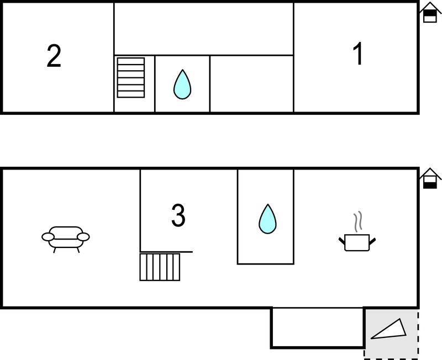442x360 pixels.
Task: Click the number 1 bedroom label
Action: point(358,54)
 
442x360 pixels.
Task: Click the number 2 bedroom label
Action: point(54,56)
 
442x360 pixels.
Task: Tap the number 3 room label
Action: point(178,215)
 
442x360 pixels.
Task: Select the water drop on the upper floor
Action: point(182,84)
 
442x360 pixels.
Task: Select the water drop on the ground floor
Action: point(267,219)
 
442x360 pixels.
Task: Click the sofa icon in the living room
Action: point(66,239)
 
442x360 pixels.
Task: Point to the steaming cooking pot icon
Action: point(357,231)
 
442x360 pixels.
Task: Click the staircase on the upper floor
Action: point(131,78)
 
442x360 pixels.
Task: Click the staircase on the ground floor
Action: point(160,267)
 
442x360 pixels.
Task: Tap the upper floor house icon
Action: point(430,12)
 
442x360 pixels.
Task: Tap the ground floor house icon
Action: point(430,178)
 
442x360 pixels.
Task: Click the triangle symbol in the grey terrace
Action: point(389,329)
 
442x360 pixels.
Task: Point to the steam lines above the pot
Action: point(358,222)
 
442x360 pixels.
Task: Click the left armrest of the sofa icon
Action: point(48,237)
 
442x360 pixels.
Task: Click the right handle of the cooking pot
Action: point(372,241)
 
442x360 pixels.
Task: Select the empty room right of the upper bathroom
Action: point(252,84)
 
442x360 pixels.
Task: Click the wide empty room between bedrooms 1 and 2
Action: point(204,29)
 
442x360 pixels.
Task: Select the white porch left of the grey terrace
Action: point(317,327)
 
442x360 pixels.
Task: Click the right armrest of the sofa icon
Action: point(83,237)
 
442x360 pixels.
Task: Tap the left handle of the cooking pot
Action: point(342,241)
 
